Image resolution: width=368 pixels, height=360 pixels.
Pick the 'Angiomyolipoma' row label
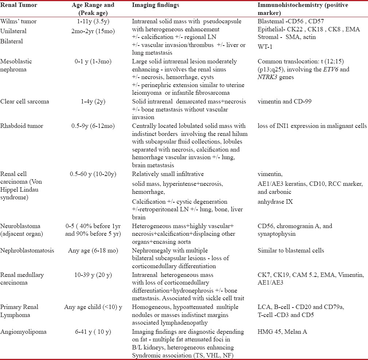pos(21,332)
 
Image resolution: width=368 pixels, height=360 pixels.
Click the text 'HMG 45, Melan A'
pos(279,332)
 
